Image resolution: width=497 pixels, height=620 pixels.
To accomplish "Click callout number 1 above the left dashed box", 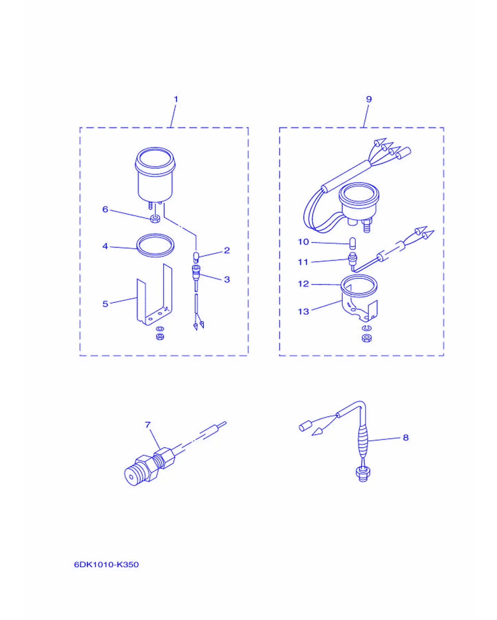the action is coord(176,99).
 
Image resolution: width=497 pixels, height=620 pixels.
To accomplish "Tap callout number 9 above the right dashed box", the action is coord(369,99).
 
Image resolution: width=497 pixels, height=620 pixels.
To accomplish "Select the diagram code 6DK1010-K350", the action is coord(106,564).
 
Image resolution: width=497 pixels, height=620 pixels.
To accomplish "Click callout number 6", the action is coord(105,209).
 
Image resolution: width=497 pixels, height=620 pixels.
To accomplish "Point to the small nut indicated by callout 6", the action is coord(155,219).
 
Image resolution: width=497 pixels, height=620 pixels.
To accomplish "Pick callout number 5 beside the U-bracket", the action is coord(105,304).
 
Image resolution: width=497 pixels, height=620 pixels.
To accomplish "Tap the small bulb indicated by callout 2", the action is coord(196,257).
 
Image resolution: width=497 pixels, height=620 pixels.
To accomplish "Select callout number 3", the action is coord(227,280).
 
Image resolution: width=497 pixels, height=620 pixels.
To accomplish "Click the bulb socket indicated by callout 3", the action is coord(196,273).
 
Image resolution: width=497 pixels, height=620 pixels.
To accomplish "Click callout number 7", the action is coord(148,425).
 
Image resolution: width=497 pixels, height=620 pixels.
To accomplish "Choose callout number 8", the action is coord(406,438).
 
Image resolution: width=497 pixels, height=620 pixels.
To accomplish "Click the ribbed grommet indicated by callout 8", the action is coord(363,441).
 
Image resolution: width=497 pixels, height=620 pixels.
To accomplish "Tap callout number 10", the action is coord(303,242).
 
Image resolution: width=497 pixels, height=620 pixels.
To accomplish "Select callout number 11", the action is coord(303,262).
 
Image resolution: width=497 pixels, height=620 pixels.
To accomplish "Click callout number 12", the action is coord(303,284).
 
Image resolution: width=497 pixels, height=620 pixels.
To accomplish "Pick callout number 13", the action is coord(303,311).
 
